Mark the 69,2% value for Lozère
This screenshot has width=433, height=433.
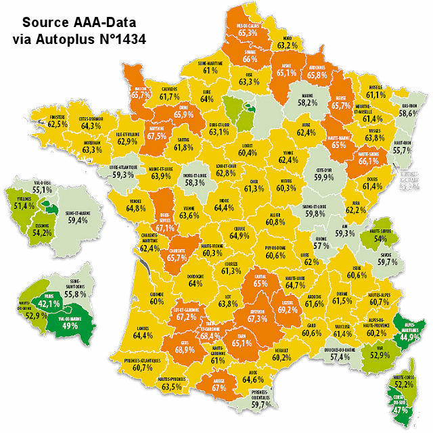[287, 310]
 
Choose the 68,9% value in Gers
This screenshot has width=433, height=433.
[185, 350]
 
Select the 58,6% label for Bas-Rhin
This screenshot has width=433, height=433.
[408, 114]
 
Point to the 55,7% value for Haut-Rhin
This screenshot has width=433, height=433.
[402, 150]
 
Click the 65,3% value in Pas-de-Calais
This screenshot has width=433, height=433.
[248, 32]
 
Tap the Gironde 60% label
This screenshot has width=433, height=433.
[157, 300]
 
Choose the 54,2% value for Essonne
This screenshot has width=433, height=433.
[43, 233]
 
